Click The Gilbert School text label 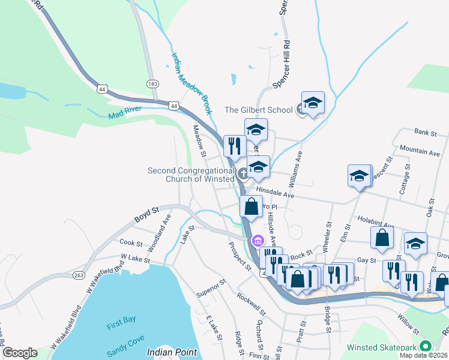tap(258, 110)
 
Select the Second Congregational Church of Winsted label tap(191, 175)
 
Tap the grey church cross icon tap(243, 174)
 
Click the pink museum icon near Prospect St tap(258, 241)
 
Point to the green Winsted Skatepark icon tap(426, 347)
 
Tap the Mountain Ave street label tap(420, 153)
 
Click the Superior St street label tap(211, 289)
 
